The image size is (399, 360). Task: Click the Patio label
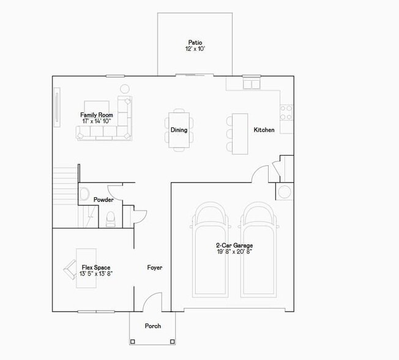[x=195, y=43]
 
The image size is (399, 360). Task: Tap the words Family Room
[x=97, y=114]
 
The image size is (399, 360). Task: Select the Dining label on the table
[x=179, y=130]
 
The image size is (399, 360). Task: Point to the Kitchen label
[x=264, y=130]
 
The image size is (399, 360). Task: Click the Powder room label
[x=103, y=200]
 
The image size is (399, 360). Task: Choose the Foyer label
[x=154, y=268]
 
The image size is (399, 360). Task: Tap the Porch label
[x=152, y=326]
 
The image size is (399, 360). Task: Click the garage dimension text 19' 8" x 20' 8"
[x=234, y=252]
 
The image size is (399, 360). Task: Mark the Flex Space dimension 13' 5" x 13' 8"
[x=96, y=274]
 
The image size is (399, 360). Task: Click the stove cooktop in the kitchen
[x=286, y=111]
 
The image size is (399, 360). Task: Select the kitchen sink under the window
[x=252, y=84]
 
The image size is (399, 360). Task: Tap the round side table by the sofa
[x=125, y=88]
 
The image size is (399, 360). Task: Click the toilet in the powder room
[x=111, y=218]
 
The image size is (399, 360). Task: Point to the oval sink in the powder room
[x=84, y=193]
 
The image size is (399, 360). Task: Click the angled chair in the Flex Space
[x=69, y=268]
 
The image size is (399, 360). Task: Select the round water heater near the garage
[x=285, y=192]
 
